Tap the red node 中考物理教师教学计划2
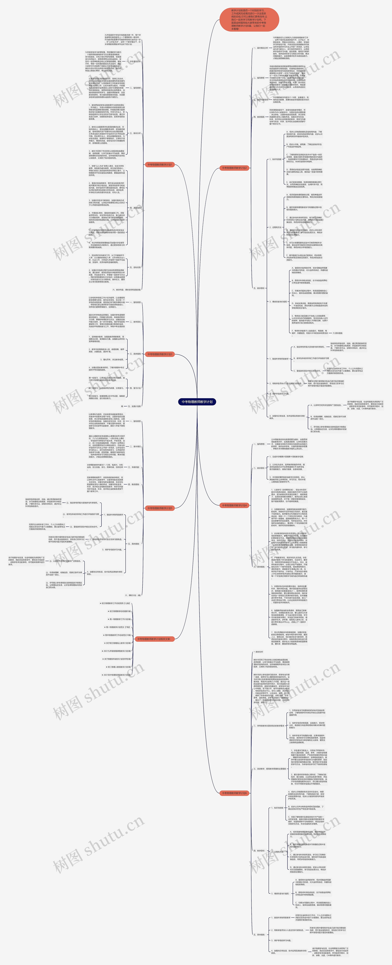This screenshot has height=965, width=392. point(234,168)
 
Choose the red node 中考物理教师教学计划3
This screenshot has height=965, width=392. point(160,354)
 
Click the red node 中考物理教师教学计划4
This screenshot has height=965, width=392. point(234,505)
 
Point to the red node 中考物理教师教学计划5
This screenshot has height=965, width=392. point(160,508)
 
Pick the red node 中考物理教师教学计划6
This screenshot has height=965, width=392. point(234,793)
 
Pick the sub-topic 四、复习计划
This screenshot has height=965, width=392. point(135,388)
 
